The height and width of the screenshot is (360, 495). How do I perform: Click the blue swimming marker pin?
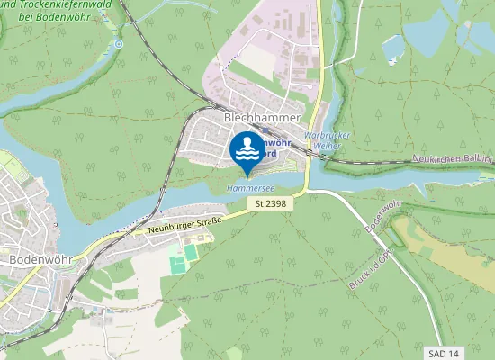[x=247, y=151]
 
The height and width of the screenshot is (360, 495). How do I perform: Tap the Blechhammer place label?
[x=256, y=117]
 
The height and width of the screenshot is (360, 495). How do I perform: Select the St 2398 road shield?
[x=270, y=204]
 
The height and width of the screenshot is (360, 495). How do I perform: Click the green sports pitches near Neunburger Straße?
[x=178, y=261]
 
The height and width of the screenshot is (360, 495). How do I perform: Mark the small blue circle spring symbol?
[x=119, y=43]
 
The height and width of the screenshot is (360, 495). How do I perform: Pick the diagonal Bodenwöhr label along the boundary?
[x=383, y=217]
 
